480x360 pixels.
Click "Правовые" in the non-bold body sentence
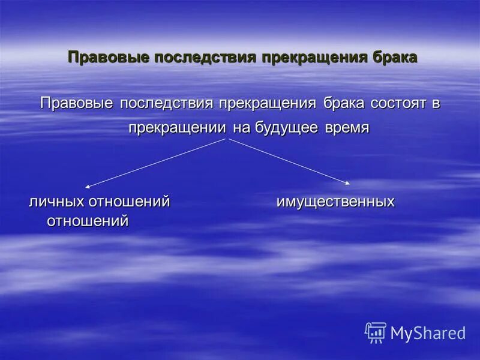(77, 103)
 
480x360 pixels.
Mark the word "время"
(347, 128)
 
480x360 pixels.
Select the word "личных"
(58, 202)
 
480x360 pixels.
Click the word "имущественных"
(335, 202)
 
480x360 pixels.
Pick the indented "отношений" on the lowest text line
(88, 221)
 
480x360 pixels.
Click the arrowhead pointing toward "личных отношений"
(88, 187)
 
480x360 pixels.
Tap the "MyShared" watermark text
(428, 333)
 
